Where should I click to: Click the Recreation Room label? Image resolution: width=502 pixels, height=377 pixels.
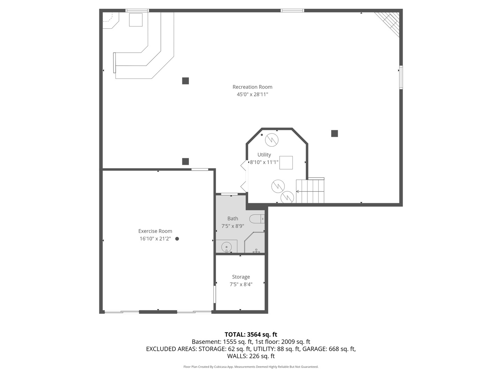click(252, 87)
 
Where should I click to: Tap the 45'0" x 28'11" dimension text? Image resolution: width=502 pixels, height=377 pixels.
click(252, 94)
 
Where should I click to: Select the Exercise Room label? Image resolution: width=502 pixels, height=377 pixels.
click(155, 231)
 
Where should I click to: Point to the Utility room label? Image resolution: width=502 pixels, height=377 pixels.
click(264, 155)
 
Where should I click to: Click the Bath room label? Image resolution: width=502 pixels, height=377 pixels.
click(233, 219)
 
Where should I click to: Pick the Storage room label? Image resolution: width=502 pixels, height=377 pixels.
click(241, 277)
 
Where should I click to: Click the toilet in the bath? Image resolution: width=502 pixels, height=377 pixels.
click(257, 219)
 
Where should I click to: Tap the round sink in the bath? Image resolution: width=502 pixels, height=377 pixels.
click(227, 246)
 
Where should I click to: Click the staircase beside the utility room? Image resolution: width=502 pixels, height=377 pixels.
click(310, 191)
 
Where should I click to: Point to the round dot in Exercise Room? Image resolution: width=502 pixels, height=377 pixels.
click(177, 239)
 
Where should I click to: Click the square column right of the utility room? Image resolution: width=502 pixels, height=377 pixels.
click(334, 133)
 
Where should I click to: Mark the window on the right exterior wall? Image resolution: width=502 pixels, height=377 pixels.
click(401, 77)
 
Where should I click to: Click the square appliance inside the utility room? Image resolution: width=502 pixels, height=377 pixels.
click(286, 163)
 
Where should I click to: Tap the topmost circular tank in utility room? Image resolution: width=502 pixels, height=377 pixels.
click(272, 140)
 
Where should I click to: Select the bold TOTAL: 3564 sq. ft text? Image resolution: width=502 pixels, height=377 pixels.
click(251, 335)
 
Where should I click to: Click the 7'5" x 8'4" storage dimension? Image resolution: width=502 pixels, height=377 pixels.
click(241, 284)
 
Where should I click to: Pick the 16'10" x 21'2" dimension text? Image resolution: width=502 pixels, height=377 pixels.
click(155, 239)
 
